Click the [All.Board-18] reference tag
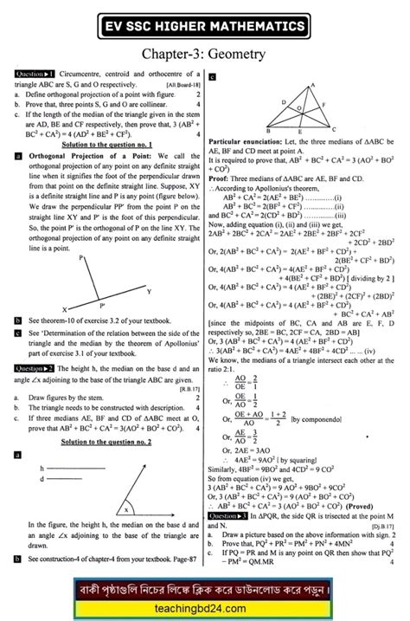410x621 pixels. click(183, 94)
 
